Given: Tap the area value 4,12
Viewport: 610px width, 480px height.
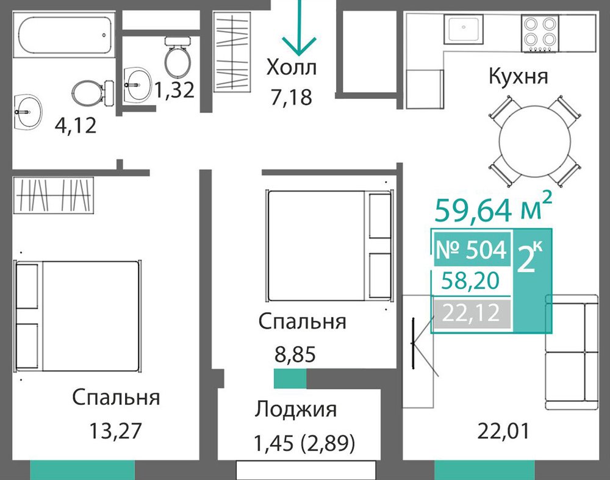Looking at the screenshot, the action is point(76,126).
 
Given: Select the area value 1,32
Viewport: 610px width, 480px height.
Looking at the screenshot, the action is point(174,90).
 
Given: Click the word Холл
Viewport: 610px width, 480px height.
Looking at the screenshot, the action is point(292,67).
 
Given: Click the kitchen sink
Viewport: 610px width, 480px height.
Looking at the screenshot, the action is point(464,29).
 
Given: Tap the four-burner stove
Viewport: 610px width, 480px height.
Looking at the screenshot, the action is point(540,33).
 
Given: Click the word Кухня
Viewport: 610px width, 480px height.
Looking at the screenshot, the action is point(518,76).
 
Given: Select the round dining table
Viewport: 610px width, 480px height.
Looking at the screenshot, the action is point(534,141).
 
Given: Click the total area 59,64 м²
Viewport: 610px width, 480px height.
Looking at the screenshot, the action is point(493,209).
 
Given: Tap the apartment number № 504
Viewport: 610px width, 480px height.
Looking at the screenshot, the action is point(472,249).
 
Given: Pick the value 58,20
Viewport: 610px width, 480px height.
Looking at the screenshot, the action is point(471,281).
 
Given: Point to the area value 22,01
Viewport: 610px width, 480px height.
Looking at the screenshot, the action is point(503,431).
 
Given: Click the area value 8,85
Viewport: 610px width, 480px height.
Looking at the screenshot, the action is point(295,354).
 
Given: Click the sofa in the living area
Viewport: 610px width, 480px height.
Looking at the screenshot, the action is point(572,353).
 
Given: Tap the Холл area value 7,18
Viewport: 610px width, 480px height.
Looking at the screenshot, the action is point(292,97).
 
